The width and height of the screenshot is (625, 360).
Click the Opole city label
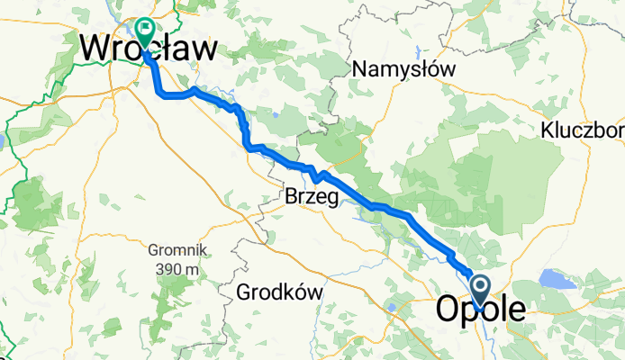coord(482,309)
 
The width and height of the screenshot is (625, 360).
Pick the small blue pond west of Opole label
coord(393,309)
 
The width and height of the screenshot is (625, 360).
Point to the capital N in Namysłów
coord(360,68)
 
